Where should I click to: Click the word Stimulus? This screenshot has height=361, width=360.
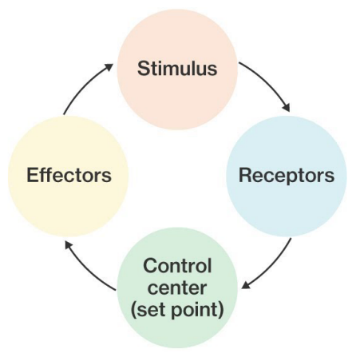[x=177, y=69]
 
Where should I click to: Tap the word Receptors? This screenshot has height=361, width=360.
[x=287, y=175]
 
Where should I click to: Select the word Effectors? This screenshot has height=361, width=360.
[x=69, y=175]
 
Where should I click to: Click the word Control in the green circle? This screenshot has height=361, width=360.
[x=177, y=265]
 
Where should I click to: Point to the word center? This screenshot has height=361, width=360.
[x=177, y=287]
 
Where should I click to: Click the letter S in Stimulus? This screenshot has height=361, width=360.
[x=143, y=69]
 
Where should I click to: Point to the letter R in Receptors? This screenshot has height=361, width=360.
[x=245, y=175]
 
